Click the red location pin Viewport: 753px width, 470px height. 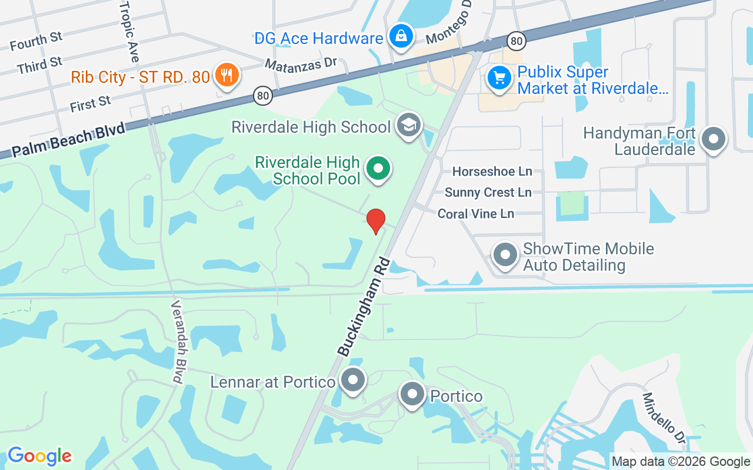(x=376, y=220)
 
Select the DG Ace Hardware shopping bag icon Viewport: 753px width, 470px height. (x=401, y=36)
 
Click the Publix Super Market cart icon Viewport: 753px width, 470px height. (x=499, y=78)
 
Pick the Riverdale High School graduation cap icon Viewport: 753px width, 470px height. (x=408, y=125)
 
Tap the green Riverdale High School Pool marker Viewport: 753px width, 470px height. (x=379, y=169)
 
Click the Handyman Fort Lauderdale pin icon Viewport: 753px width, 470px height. (x=714, y=139)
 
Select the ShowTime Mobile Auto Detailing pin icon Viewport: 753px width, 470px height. (x=505, y=256)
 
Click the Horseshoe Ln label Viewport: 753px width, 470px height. (x=492, y=172)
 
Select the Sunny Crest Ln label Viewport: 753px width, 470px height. (x=488, y=192)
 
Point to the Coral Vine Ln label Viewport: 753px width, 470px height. (x=475, y=213)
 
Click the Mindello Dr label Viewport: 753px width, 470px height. (x=664, y=418)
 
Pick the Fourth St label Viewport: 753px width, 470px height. (x=36, y=41)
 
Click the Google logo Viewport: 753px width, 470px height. (x=39, y=456)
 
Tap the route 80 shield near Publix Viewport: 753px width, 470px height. (x=516, y=41)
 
